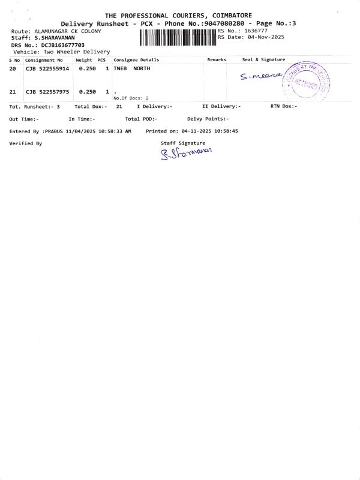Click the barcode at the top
coord(178,38)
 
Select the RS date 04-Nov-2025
coord(263,37)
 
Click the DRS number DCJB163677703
coord(63,45)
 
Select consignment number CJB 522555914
coord(47,69)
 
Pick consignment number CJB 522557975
coord(47,92)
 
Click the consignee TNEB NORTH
coord(131,69)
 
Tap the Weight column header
coord(83,60)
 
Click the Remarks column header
coord(216,60)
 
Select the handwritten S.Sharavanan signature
coord(186,155)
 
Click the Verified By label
coord(26,143)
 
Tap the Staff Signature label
coord(183,143)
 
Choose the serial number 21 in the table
coord(13,92)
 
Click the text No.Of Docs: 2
coord(131,98)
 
